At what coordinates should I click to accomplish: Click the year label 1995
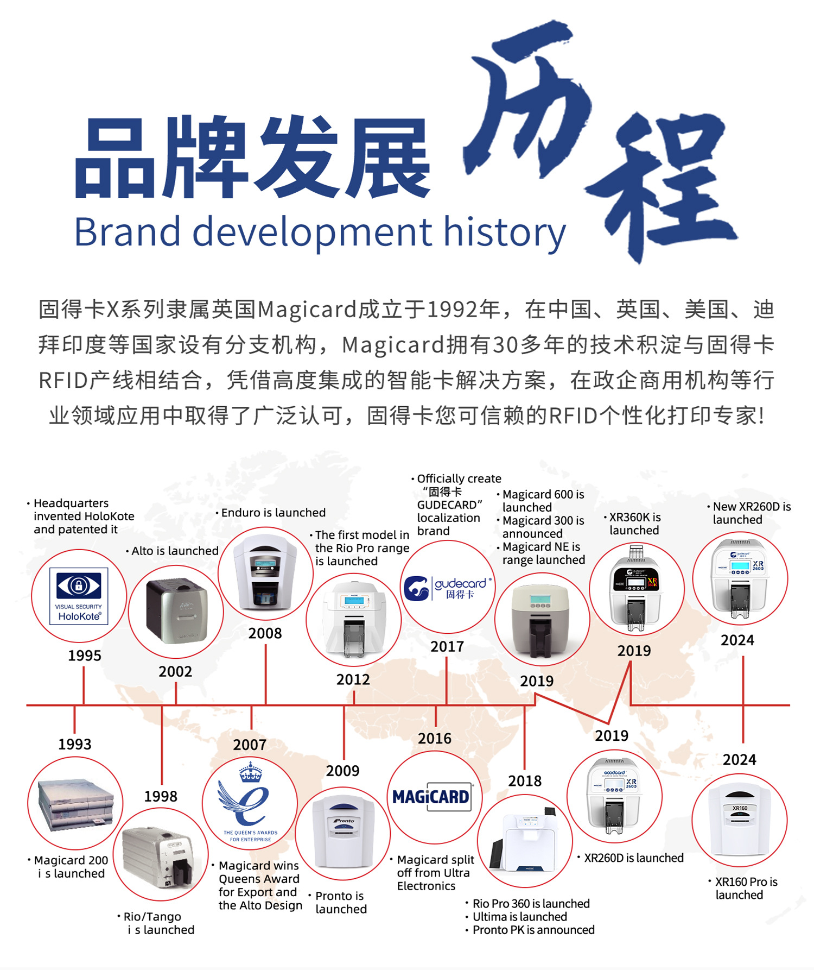(x=84, y=656)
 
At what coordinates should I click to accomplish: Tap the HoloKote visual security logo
(x=79, y=596)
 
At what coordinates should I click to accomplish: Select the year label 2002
(x=175, y=671)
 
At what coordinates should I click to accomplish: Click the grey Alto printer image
(x=176, y=611)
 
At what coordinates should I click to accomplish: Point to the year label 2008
(x=265, y=633)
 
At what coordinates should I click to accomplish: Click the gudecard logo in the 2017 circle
(x=448, y=588)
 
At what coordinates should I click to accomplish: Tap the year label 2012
(x=353, y=679)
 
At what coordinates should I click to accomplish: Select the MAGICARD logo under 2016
(x=432, y=797)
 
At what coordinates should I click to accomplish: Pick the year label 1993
(x=74, y=744)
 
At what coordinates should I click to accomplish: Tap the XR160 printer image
(x=740, y=820)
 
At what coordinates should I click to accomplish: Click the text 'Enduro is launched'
(x=273, y=513)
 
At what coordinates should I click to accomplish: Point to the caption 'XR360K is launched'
(x=634, y=524)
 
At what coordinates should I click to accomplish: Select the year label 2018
(x=525, y=781)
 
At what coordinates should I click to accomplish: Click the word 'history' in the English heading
(x=505, y=232)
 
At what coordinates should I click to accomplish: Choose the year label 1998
(x=161, y=796)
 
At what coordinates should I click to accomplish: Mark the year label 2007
(x=250, y=745)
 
